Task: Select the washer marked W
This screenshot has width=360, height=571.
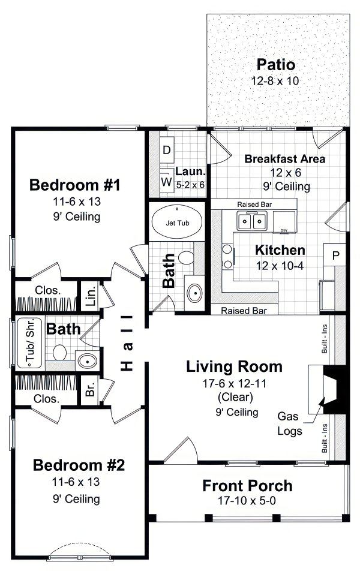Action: tap(166, 181)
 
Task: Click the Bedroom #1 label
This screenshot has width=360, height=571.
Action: tap(75, 185)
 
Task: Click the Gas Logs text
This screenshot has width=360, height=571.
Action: tap(289, 423)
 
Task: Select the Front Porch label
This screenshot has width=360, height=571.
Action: tap(247, 485)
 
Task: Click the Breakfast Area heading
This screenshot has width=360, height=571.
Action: tap(285, 159)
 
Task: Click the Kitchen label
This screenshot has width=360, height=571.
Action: tap(280, 250)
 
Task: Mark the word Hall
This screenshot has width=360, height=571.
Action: tap(127, 342)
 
